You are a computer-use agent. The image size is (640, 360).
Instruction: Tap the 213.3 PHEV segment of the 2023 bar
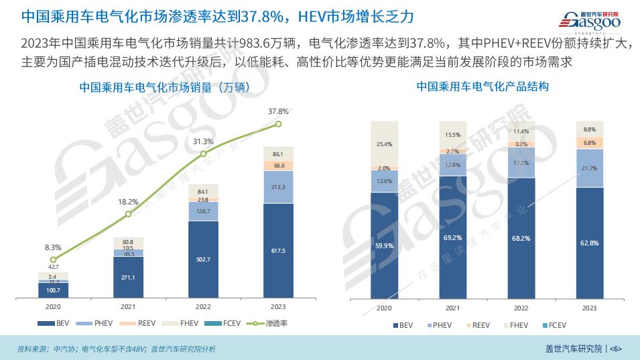pos(279,187)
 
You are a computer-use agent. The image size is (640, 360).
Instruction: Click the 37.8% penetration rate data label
pos(278,111)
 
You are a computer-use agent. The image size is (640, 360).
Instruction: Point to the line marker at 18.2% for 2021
pos(129,215)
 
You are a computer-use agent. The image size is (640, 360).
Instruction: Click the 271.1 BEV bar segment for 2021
pos(129,277)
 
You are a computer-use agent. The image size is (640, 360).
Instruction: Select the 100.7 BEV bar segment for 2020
pos(54,290)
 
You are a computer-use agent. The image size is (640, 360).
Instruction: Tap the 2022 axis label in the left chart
pos(204,307)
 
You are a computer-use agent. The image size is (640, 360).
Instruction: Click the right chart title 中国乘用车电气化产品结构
pos(483,87)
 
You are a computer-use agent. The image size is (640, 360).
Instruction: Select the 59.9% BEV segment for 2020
pos(384,245)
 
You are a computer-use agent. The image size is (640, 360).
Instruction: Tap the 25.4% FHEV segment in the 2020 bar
pos(384,143)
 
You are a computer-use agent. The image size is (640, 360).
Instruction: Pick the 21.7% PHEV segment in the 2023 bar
pos(590,168)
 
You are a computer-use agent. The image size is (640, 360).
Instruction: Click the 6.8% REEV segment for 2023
pos(590,142)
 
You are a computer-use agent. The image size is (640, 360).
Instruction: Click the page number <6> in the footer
pos(617,349)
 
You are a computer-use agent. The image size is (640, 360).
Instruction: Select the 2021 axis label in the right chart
pos(452,308)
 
